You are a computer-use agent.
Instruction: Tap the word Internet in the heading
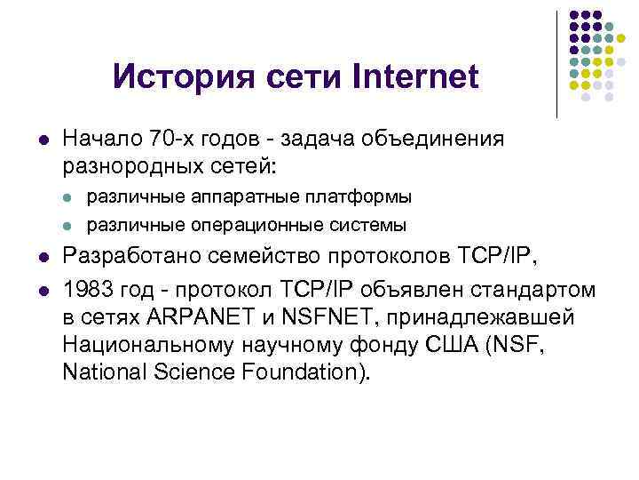415,77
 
